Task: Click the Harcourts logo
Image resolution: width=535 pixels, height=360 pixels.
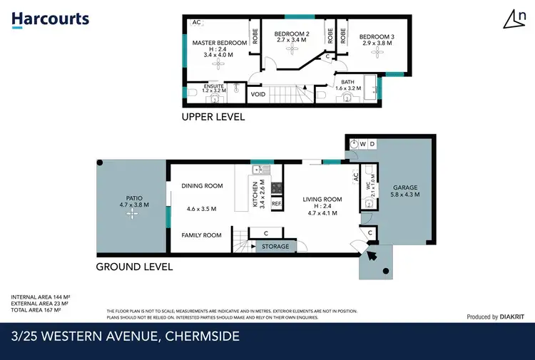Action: [50, 19]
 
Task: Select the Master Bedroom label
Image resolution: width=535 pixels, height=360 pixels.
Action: [220, 43]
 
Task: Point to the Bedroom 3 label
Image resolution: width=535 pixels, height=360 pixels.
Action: [376, 37]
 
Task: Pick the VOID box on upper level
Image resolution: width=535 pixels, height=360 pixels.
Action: [257, 93]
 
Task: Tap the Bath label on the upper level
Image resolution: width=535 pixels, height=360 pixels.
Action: [347, 83]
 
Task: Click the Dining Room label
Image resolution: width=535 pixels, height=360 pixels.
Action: [202, 186]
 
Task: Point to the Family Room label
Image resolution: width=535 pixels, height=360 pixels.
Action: [201, 235]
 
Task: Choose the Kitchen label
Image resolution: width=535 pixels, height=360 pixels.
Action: [255, 194]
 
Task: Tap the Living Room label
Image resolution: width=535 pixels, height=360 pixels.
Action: [322, 200]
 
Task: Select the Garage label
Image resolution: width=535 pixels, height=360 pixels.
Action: [404, 187]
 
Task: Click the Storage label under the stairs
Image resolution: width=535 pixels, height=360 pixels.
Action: [275, 247]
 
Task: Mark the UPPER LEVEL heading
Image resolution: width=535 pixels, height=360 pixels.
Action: [213, 117]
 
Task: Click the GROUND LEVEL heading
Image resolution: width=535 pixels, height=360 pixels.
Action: [134, 267]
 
